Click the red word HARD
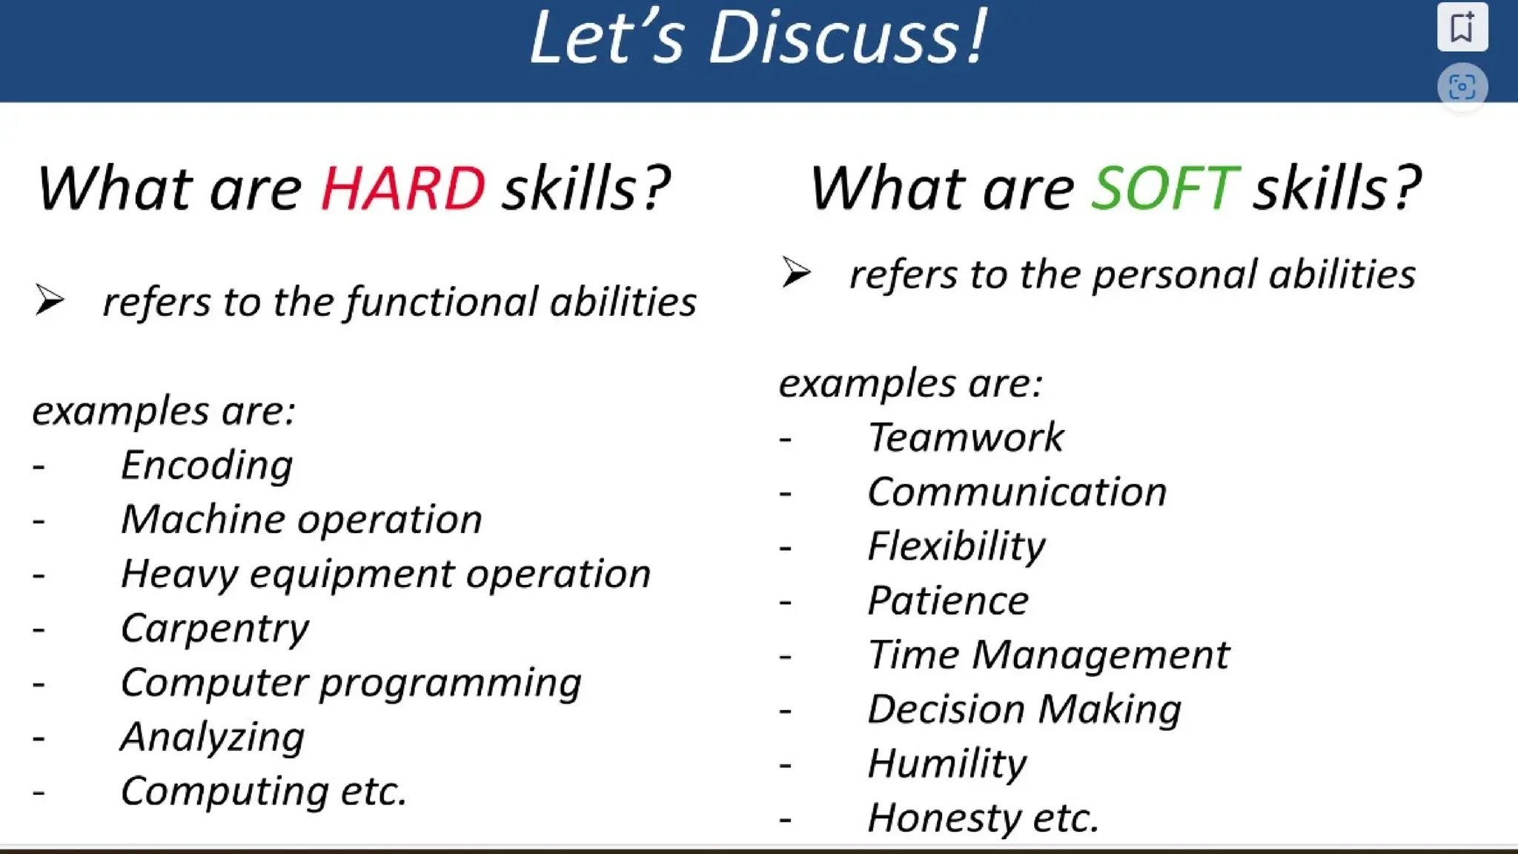pyautogui.click(x=402, y=188)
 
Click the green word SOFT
pyautogui.click(x=1164, y=188)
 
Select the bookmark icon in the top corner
pyautogui.click(x=1462, y=27)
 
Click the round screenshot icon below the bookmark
pyautogui.click(x=1462, y=87)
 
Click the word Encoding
pyautogui.click(x=206, y=466)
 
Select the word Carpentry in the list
pyautogui.click(x=214, y=629)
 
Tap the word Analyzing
pyautogui.click(x=212, y=738)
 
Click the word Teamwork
pyautogui.click(x=965, y=437)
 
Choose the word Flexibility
pyautogui.click(x=955, y=546)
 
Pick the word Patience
pyautogui.click(x=947, y=600)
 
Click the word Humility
pyautogui.click(x=947, y=764)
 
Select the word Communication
pyautogui.click(x=1016, y=492)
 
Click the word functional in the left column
pyautogui.click(x=441, y=302)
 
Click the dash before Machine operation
pyautogui.click(x=39, y=521)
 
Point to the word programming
pyautogui.click(x=450, y=683)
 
